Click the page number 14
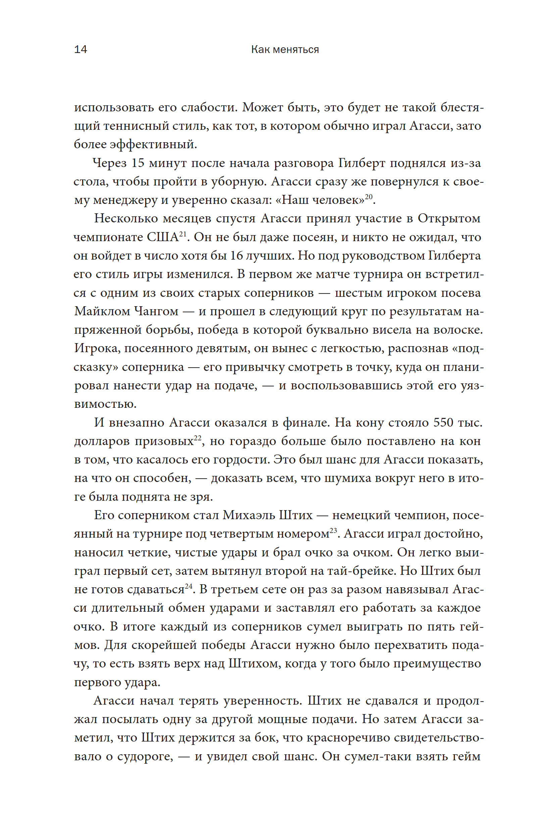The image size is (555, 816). (x=81, y=50)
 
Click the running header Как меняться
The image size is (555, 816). (x=285, y=50)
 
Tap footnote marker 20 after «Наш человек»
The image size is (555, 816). (x=368, y=197)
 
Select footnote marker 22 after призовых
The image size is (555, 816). (x=197, y=438)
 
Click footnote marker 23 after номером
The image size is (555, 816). (x=333, y=531)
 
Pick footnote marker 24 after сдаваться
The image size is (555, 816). (x=189, y=586)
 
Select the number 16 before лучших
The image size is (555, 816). (x=237, y=256)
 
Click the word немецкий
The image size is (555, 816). (x=360, y=515)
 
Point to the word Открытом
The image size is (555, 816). (x=449, y=219)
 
